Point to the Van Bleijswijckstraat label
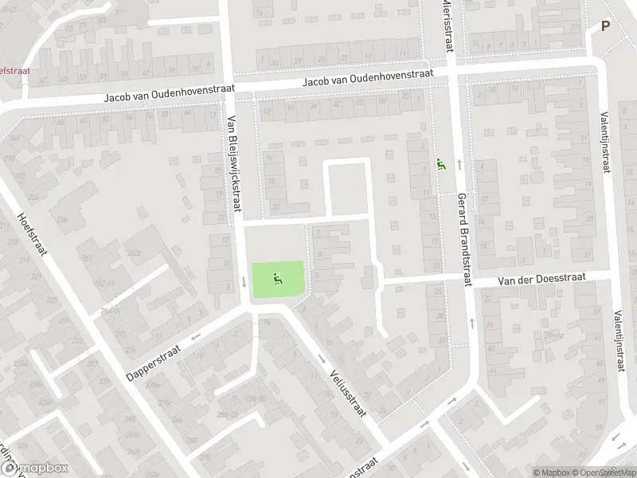click(x=233, y=164)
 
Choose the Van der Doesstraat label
click(x=541, y=278)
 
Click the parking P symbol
click(x=605, y=25)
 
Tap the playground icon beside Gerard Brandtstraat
click(x=440, y=166)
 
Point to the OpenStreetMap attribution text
click(x=604, y=472)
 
